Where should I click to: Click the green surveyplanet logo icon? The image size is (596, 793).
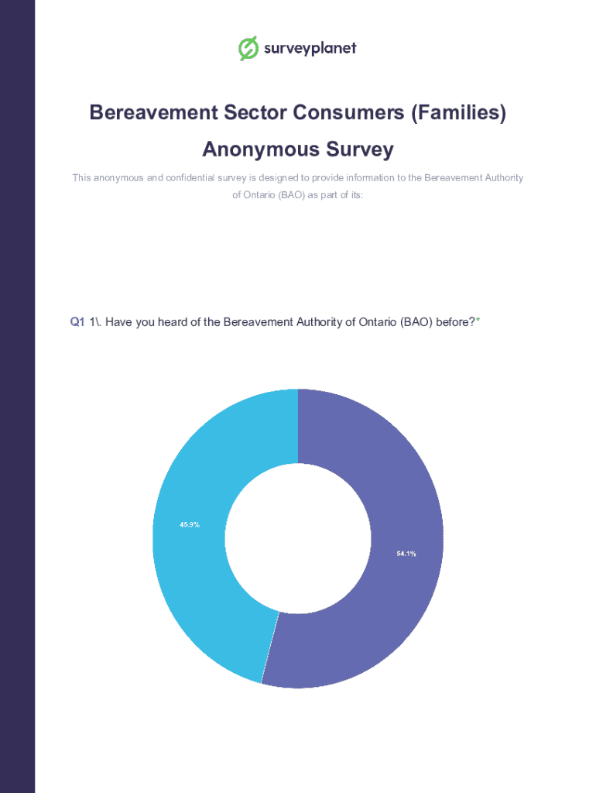[248, 48]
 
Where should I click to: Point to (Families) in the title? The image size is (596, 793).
[458, 113]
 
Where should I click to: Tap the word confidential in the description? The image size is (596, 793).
[204, 178]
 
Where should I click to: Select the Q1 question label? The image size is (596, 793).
[77, 321]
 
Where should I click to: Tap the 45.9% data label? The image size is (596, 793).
[190, 524]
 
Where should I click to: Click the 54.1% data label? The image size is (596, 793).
[406, 553]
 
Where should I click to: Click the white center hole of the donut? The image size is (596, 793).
[298, 538]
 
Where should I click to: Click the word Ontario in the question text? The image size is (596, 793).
[377, 321]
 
